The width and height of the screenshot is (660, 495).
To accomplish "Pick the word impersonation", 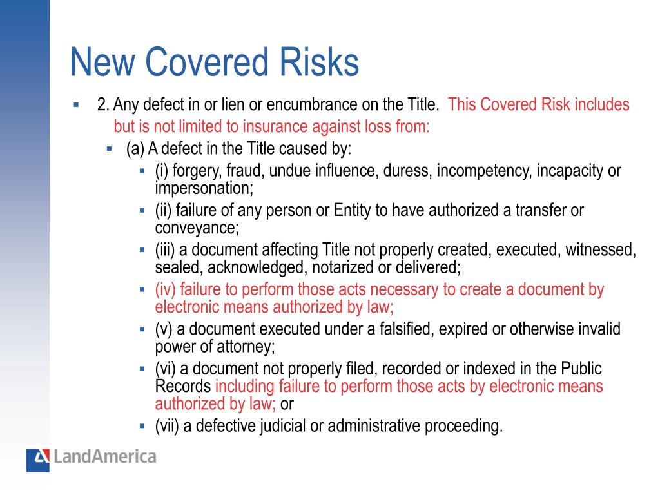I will click(204, 188).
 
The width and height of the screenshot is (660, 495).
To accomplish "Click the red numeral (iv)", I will click(165, 290).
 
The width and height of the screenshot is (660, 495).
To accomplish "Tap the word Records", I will click(183, 386).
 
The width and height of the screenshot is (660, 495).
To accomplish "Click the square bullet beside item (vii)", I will click(142, 426).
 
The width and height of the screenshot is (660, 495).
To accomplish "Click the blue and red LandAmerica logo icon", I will click(37, 460).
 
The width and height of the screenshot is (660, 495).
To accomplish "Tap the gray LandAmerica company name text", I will click(104, 458).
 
